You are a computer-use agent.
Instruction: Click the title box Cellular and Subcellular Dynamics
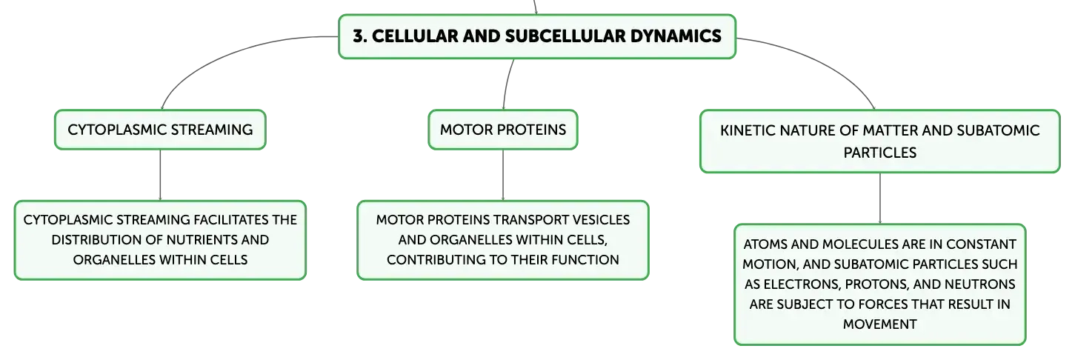(x=537, y=36)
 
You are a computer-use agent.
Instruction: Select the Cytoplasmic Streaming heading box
(x=160, y=130)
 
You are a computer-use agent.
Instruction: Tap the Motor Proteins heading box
(x=503, y=130)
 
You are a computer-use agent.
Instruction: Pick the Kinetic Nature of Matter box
(x=879, y=141)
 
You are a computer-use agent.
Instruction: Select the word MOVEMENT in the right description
(x=879, y=324)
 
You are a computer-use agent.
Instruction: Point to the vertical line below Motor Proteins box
(x=503, y=175)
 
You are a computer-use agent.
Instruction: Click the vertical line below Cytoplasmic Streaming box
(x=160, y=175)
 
